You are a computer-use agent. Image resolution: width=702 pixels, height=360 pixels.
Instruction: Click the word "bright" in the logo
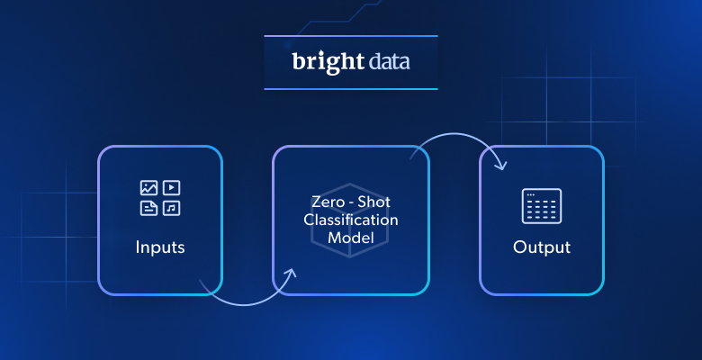click(x=327, y=62)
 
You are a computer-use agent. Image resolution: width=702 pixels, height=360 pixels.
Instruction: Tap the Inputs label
click(x=160, y=247)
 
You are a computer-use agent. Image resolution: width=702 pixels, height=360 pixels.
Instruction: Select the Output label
click(x=542, y=247)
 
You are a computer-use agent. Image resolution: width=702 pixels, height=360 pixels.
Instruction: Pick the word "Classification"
click(x=350, y=220)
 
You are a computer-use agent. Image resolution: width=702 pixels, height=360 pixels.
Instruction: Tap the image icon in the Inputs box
click(x=148, y=188)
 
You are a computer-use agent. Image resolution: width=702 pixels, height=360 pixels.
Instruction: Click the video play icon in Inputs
click(x=172, y=188)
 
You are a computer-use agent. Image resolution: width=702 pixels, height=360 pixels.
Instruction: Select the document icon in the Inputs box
click(x=148, y=209)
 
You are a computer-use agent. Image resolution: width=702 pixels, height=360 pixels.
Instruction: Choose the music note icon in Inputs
click(x=172, y=209)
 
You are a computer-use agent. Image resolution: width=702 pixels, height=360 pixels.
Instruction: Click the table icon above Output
click(x=542, y=206)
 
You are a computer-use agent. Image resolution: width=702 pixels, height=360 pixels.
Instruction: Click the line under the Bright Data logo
click(x=350, y=89)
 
